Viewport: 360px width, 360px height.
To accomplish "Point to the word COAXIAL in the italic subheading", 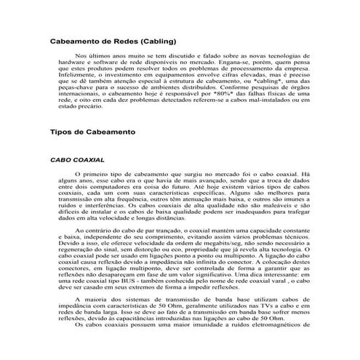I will pyautogui.click(x=87, y=179).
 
